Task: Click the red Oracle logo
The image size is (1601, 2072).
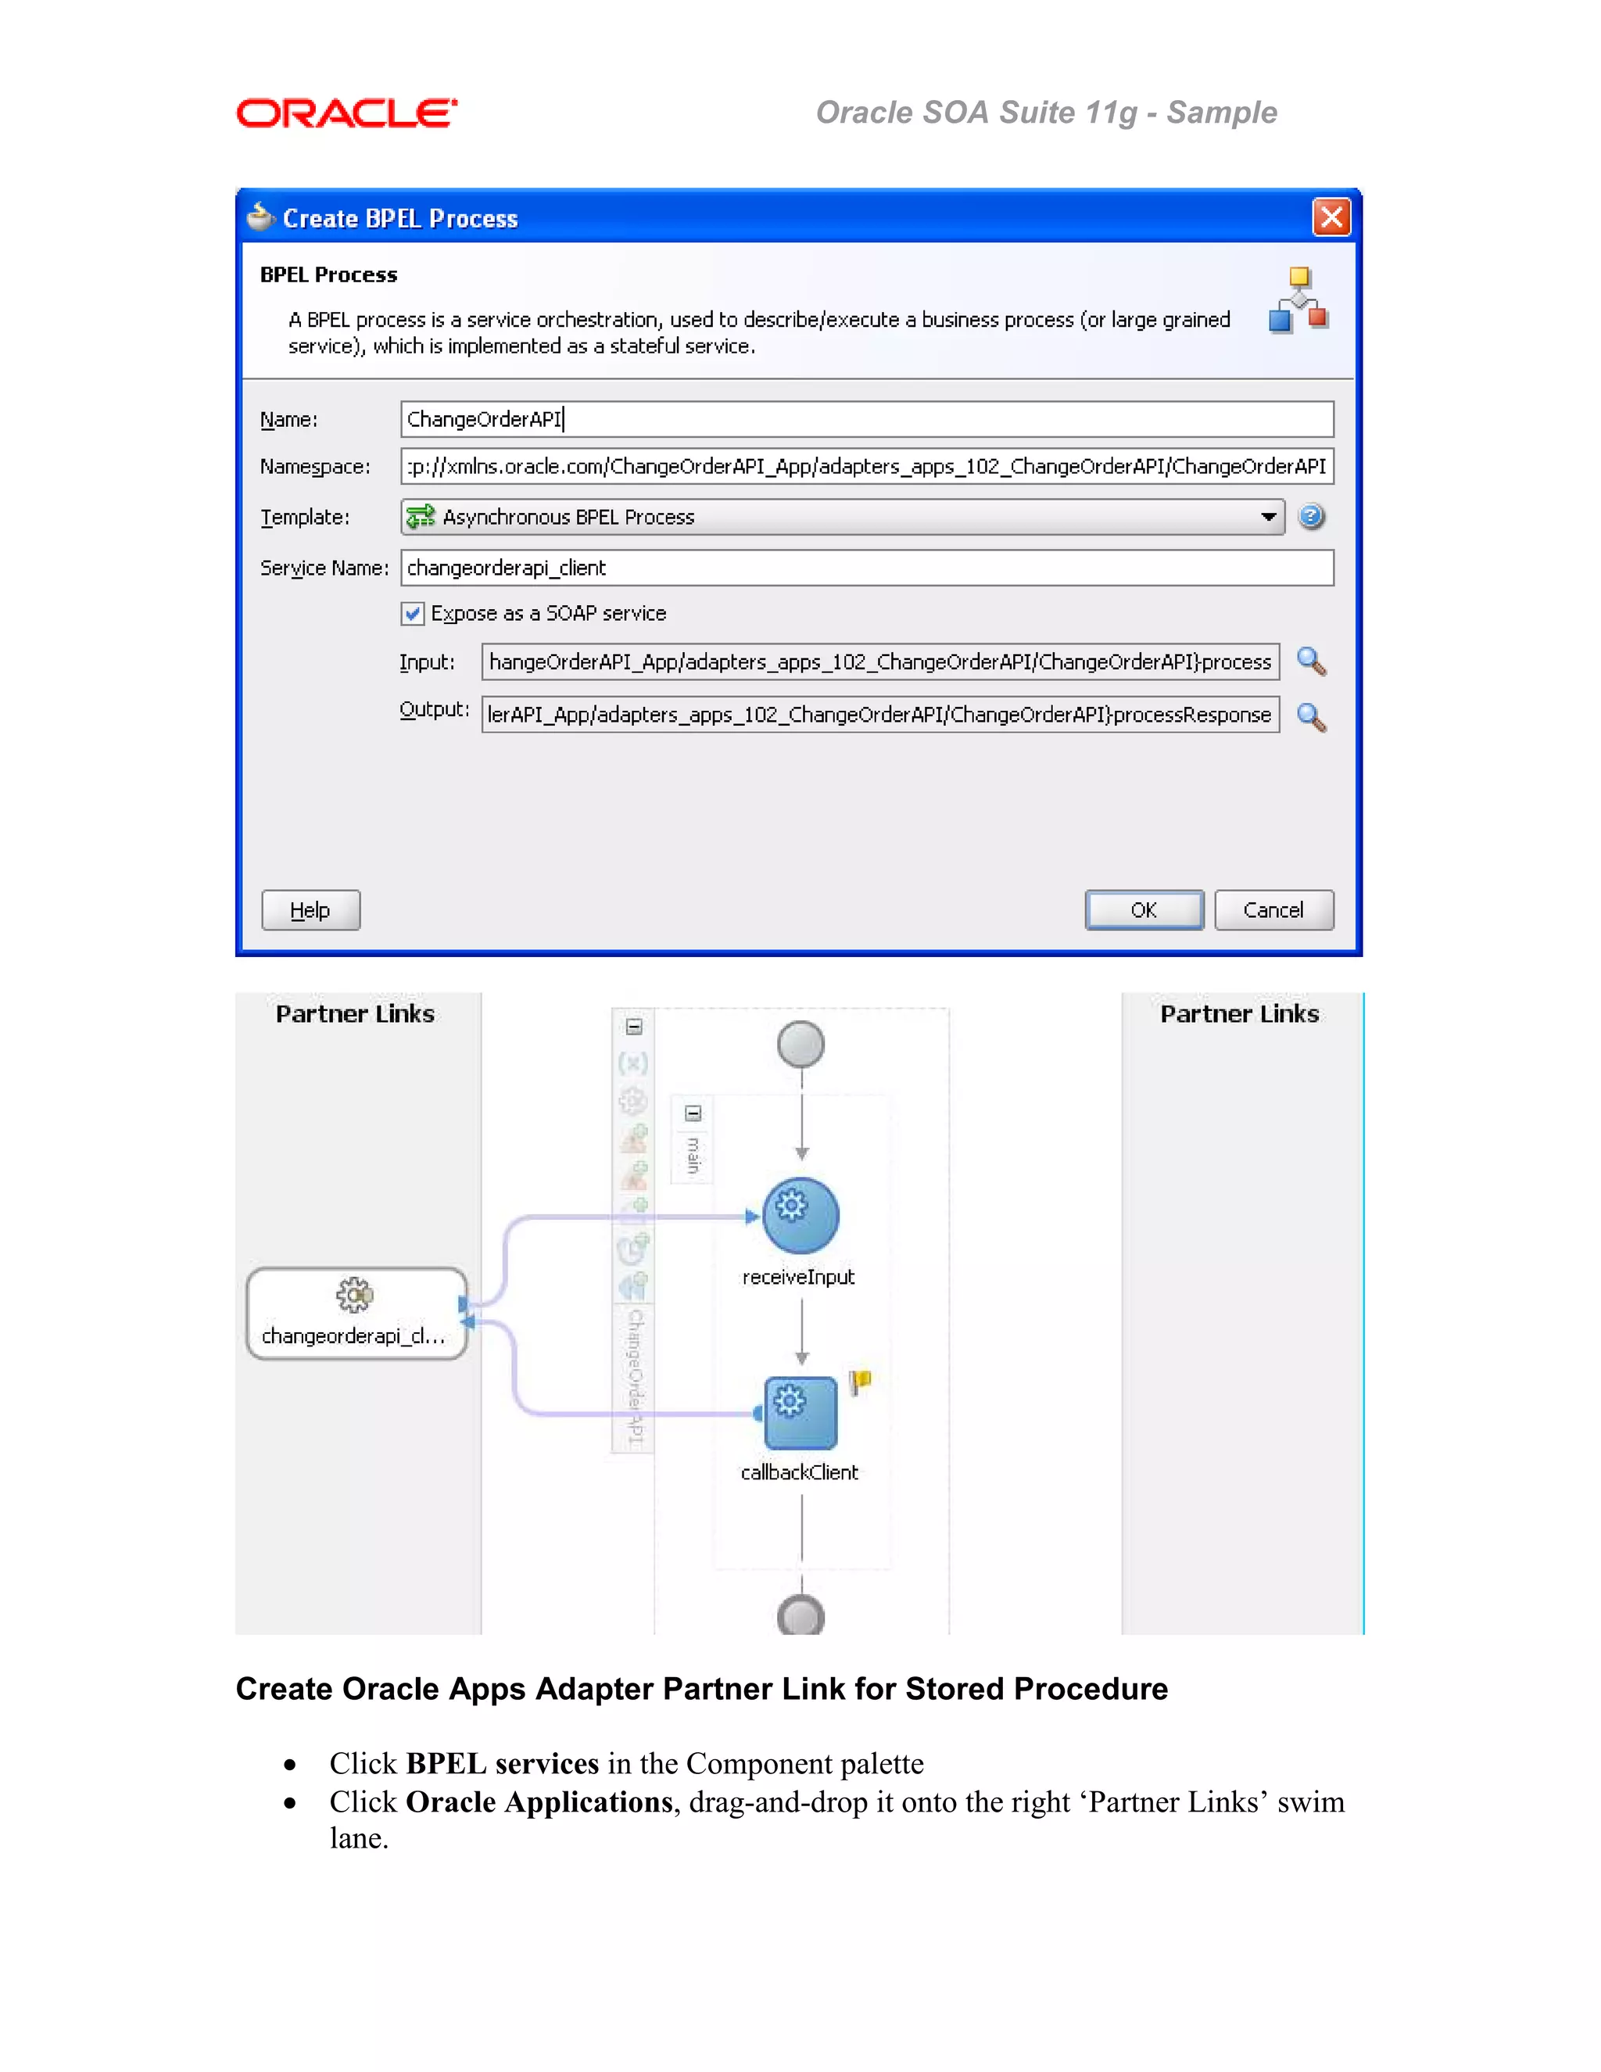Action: pyautogui.click(x=346, y=114)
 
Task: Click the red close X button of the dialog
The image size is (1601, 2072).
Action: pyautogui.click(x=1331, y=217)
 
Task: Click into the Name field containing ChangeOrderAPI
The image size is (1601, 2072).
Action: pyautogui.click(x=866, y=419)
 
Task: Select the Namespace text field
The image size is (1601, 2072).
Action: pyautogui.click(x=866, y=467)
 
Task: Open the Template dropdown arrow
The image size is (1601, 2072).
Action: pyautogui.click(x=1268, y=517)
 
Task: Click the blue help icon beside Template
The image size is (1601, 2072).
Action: pyautogui.click(x=1311, y=517)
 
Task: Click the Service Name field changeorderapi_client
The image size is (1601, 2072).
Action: pyautogui.click(x=866, y=568)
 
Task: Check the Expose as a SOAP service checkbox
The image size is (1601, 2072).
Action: pyautogui.click(x=413, y=614)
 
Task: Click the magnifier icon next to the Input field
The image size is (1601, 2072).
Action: pyautogui.click(x=1311, y=661)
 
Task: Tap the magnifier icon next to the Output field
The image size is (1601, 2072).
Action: pyautogui.click(x=1311, y=717)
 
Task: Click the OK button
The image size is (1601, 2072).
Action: pyautogui.click(x=1144, y=910)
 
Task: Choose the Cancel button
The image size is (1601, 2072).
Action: pyautogui.click(x=1273, y=910)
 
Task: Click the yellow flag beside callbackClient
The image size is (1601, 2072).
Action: pyautogui.click(x=860, y=1382)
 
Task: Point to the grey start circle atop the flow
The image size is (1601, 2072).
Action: pyautogui.click(x=800, y=1045)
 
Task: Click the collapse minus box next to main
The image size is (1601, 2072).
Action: pyautogui.click(x=693, y=1113)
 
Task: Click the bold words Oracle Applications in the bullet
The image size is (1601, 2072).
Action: pyautogui.click(x=539, y=1802)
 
